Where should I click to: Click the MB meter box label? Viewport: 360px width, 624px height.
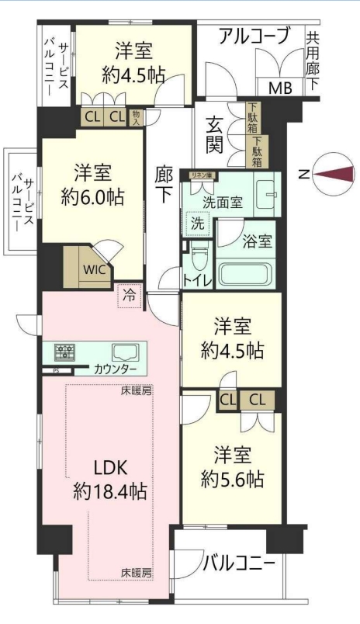click(x=281, y=88)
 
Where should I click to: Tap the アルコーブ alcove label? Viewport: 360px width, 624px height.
click(x=254, y=36)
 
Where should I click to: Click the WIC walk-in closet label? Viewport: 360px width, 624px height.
click(x=95, y=270)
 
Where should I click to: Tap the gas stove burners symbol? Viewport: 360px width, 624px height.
click(x=65, y=352)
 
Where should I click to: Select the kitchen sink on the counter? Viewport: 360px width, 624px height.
click(x=126, y=352)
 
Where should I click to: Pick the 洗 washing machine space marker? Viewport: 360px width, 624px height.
click(x=197, y=224)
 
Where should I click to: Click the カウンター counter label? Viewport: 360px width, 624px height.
click(x=116, y=369)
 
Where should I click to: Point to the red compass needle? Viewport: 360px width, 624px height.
click(x=334, y=174)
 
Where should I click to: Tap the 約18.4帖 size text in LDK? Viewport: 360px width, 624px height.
click(x=110, y=492)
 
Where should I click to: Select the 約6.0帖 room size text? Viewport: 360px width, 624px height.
click(x=92, y=196)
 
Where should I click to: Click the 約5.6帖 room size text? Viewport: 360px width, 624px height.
click(x=232, y=480)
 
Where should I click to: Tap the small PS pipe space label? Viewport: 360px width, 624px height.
click(x=56, y=371)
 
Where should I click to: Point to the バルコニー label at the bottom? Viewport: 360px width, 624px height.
click(x=240, y=563)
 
